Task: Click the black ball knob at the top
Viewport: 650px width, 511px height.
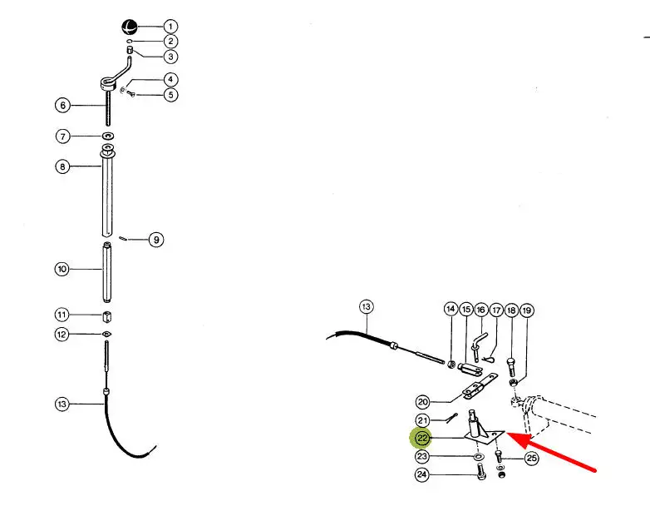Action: coord(129,27)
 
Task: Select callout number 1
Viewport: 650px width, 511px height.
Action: coord(170,27)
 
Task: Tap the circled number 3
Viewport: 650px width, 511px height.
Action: coord(170,57)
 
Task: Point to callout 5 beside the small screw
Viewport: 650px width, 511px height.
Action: coord(170,95)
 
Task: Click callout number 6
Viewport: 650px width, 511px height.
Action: coord(62,105)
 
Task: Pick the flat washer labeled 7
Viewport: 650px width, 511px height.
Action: coord(109,136)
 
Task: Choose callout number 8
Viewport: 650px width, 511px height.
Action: coord(62,166)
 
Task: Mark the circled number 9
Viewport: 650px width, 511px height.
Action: coord(156,240)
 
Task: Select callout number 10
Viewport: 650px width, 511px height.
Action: coord(62,269)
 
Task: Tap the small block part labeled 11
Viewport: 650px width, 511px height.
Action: coord(107,317)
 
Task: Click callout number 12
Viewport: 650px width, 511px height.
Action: coord(62,335)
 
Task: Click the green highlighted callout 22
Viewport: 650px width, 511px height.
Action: coord(422,438)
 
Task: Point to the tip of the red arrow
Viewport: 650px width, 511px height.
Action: coord(507,434)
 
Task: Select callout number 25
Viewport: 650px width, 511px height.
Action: coord(531,459)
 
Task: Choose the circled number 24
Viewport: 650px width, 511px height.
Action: coord(422,474)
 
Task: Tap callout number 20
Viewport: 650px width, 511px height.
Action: coord(423,402)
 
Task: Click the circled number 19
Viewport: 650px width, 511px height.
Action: coord(526,310)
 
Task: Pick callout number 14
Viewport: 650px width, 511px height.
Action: coord(451,309)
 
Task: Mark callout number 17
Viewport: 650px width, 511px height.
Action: coord(496,310)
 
